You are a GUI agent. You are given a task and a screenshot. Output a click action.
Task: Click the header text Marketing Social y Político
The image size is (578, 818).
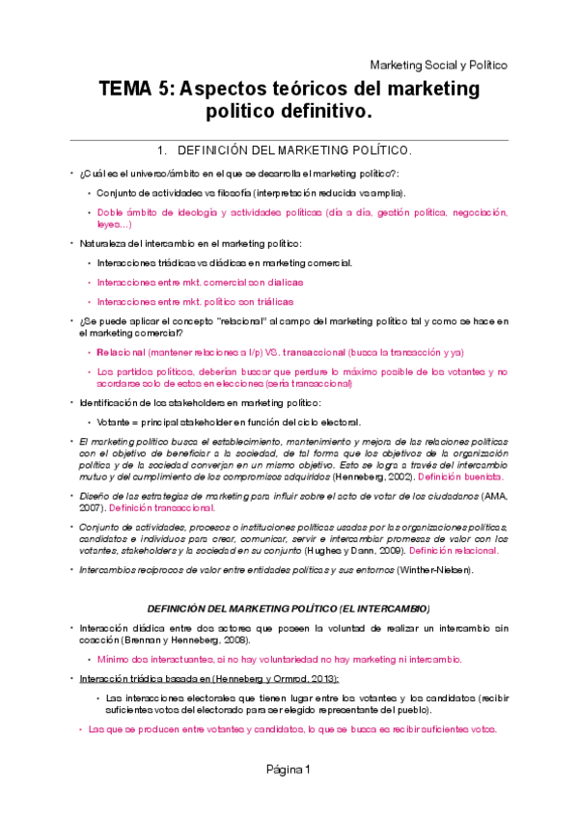pos(438,65)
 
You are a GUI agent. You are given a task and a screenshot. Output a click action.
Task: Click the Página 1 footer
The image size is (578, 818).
pos(289,769)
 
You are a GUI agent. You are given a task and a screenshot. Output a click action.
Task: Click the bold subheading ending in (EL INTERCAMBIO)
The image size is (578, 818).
pos(289,609)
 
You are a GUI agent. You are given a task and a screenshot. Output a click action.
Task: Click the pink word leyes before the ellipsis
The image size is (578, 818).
pos(108,224)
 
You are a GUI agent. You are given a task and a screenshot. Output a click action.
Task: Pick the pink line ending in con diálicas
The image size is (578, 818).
pos(200,282)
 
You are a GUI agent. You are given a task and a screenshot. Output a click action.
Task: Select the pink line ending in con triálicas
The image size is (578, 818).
pos(195,301)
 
